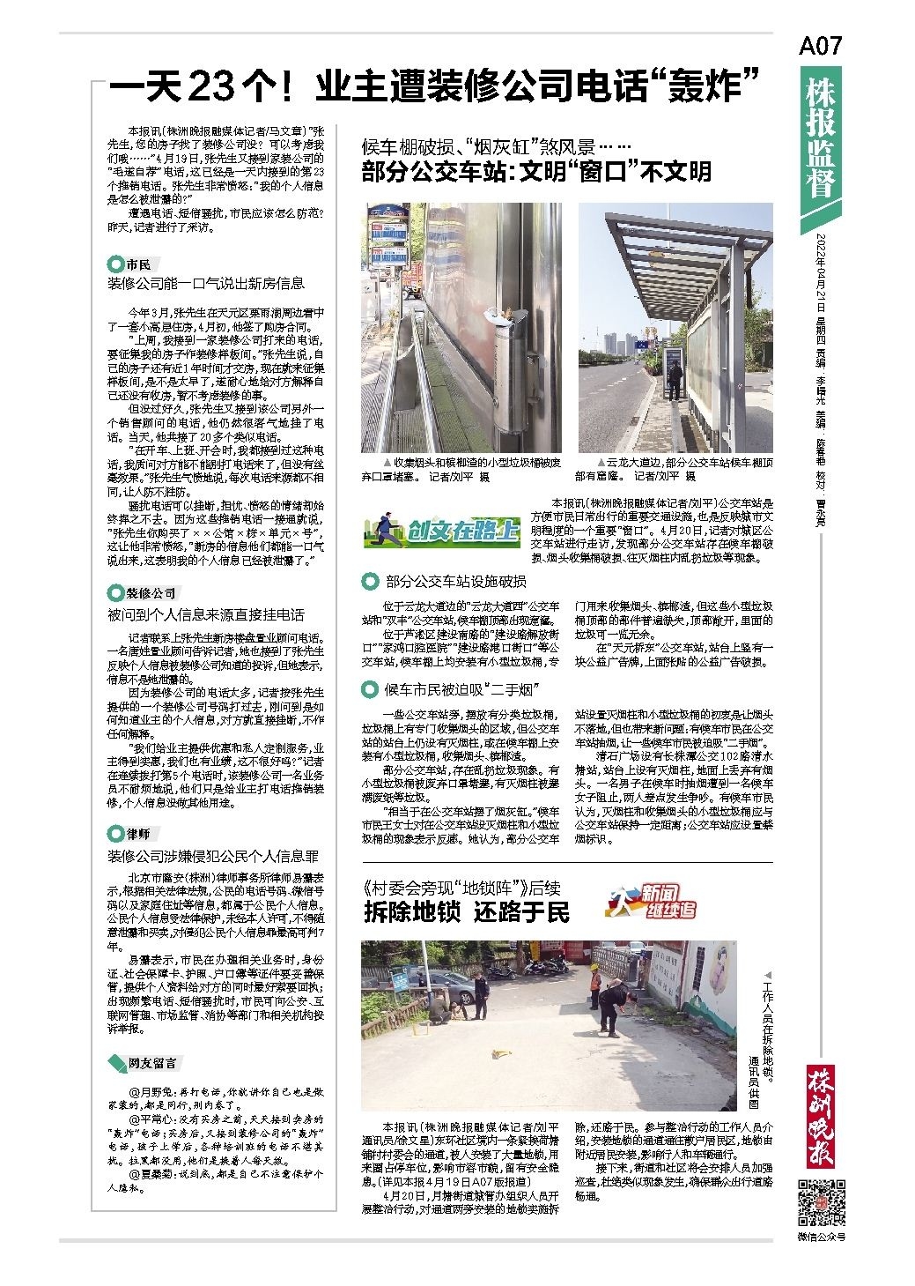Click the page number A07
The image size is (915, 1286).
[820, 47]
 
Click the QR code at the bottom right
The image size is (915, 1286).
[822, 1201]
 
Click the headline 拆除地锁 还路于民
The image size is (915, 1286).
[467, 912]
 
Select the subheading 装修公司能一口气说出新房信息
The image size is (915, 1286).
[206, 284]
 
